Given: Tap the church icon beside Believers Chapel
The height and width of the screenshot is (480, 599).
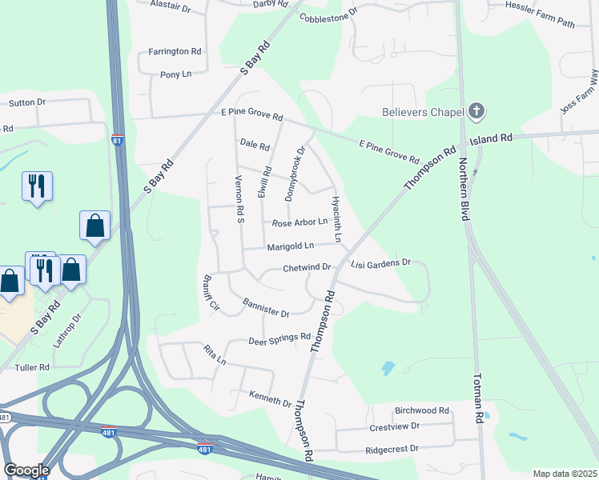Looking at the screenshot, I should [476, 111].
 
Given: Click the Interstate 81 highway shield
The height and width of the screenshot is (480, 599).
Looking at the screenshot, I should [117, 140].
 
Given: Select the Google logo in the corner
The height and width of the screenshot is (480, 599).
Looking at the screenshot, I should [26, 470].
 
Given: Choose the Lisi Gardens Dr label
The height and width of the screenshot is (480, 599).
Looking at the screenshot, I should [380, 262].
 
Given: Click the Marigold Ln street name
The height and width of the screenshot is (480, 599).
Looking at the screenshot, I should [291, 246].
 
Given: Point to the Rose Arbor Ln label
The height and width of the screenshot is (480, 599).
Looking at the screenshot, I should [300, 223].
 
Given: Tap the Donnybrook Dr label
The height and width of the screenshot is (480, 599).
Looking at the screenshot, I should [294, 173].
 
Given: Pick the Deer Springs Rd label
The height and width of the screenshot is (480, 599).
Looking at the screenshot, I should [279, 338].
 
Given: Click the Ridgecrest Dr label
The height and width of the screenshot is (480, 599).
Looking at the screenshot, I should [392, 449].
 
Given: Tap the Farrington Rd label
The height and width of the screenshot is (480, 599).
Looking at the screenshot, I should [175, 51].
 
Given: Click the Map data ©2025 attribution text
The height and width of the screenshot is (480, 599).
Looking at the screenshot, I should [565, 474].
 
